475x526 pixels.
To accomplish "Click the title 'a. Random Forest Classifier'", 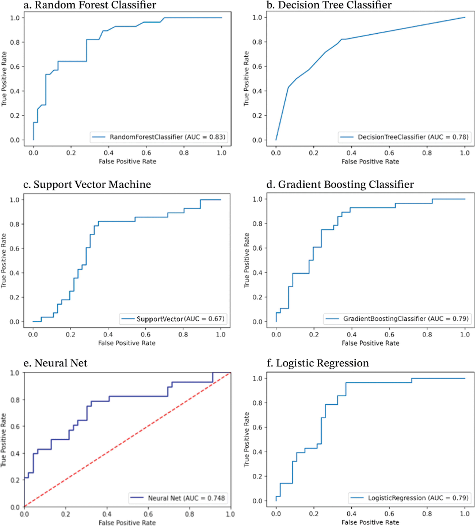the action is [90, 5].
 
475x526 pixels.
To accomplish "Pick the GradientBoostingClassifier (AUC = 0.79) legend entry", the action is [398, 319].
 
